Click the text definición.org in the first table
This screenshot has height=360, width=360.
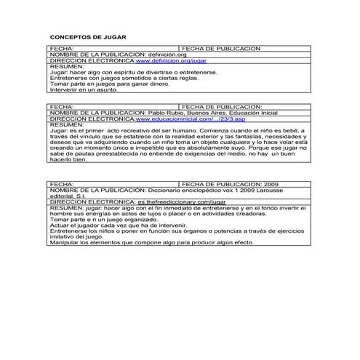tap(167, 56)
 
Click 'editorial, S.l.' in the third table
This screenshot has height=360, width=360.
tap(71, 196)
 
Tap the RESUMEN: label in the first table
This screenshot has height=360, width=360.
tap(66, 68)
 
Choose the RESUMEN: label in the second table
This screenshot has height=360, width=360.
tap(66, 124)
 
